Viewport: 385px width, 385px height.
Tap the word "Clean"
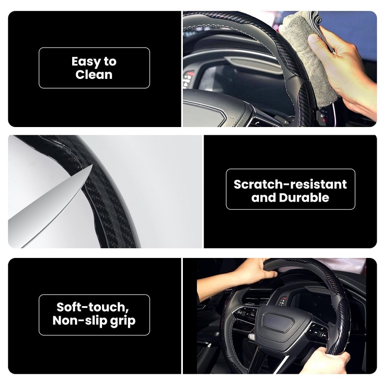pos(94,75)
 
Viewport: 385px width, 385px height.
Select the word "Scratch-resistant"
pos(290,184)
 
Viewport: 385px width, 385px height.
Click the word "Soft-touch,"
pos(93,307)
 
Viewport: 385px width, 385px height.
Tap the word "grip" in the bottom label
pos(123,321)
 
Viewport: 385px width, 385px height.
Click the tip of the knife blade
pos(92,165)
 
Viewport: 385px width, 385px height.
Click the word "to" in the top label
pos(110,62)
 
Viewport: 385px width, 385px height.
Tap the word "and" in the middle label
pos(264,198)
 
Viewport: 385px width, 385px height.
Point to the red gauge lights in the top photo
pos(188,76)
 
